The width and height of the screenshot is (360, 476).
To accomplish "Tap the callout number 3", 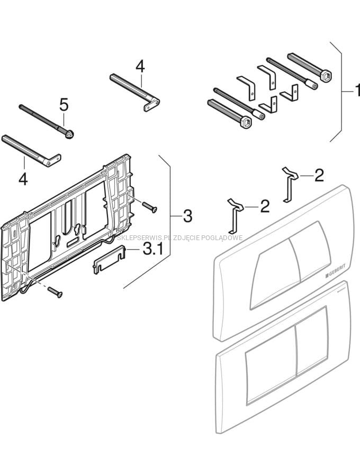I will point(187,216).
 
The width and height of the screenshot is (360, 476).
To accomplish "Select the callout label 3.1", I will point(153,249).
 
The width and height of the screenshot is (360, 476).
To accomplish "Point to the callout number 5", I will point(64,105).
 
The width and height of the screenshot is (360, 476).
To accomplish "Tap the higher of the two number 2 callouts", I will point(319,175).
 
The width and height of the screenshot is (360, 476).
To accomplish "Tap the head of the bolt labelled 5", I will point(70,134).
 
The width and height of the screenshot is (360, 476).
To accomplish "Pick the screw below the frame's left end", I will point(55,291).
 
